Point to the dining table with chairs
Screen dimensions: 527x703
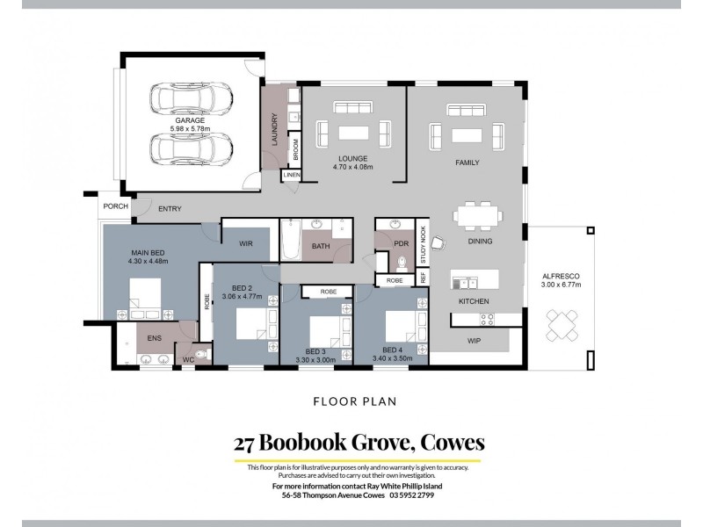[x=480, y=215]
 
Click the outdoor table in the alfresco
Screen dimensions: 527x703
[x=560, y=323]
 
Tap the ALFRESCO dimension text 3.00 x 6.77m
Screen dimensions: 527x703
[x=561, y=285]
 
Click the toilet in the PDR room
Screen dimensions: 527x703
[x=402, y=261]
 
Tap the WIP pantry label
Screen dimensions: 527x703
[x=474, y=340]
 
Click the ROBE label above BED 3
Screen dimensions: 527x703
[x=327, y=291]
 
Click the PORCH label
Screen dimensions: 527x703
[x=115, y=206]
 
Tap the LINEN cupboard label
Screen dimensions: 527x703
[x=292, y=176]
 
